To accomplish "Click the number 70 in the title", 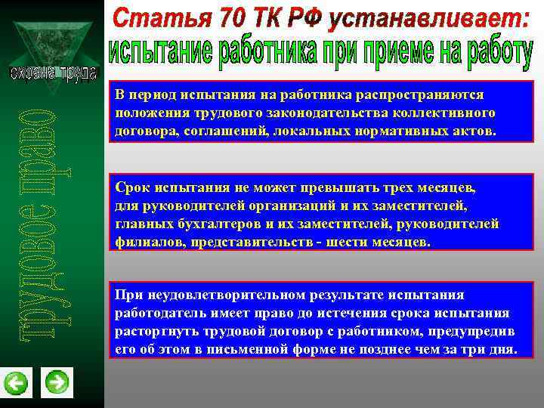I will [x=226, y=17].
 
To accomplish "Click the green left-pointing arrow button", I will [x=16, y=382].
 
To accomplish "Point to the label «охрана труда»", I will [x=53, y=73].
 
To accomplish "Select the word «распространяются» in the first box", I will [x=425, y=95].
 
